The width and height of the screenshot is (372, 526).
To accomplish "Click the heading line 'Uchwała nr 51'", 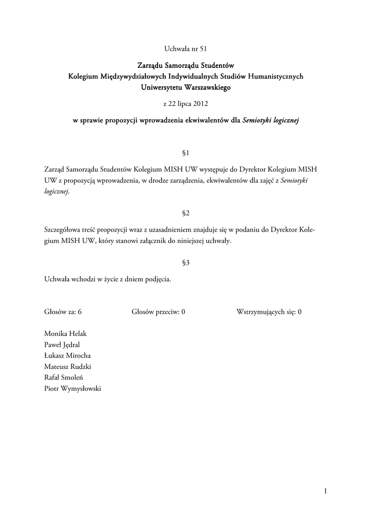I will [x=186, y=49].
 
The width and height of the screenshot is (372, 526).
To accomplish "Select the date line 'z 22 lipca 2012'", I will [x=186, y=104].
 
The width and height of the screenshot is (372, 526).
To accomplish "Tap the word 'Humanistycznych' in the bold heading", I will [x=276, y=77].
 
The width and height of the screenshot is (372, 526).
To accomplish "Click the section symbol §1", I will [x=186, y=153].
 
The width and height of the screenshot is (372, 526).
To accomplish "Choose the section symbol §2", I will [x=186, y=212].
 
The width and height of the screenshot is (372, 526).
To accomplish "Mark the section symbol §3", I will [x=186, y=262].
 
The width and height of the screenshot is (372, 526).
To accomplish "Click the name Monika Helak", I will [x=66, y=334].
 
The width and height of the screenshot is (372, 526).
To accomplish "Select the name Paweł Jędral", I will [x=62, y=345].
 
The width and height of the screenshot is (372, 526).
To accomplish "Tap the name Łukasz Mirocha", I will [x=68, y=355].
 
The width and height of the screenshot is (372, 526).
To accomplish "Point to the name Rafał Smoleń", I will [x=64, y=378].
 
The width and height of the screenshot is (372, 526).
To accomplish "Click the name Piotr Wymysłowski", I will [x=73, y=388].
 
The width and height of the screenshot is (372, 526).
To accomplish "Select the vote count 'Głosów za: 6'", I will [x=63, y=312].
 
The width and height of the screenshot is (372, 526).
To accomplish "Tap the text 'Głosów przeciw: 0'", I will [x=158, y=312].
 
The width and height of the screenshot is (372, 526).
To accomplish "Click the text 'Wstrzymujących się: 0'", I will [x=269, y=312].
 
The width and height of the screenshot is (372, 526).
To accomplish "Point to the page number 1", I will [x=325, y=492].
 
